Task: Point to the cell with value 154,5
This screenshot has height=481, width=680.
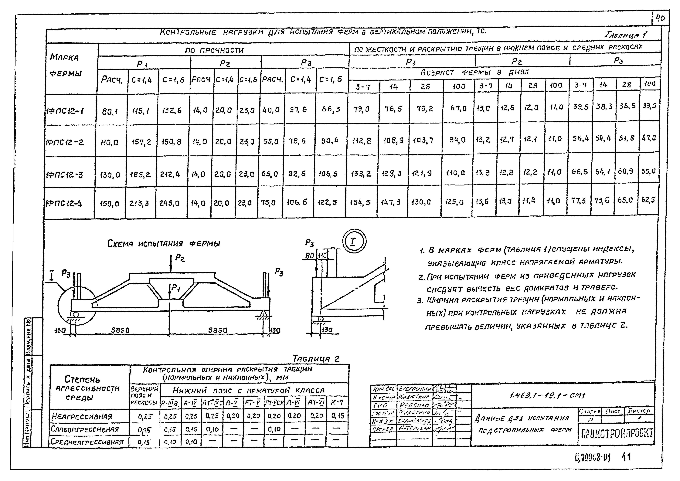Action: (x=360, y=202)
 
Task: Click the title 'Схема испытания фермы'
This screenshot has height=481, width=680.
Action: (x=164, y=244)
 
